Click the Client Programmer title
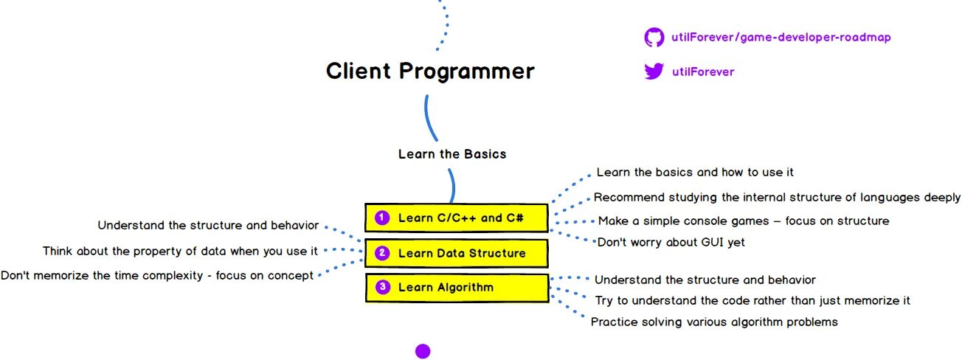tap(430, 72)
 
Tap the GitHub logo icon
tap(654, 37)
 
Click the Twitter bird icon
tap(654, 72)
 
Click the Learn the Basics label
tap(452, 154)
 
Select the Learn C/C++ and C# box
tap(457, 218)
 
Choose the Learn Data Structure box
tap(457, 253)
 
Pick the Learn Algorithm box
tap(457, 287)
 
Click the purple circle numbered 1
tap(382, 218)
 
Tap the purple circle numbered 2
tap(382, 253)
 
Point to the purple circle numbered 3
tap(382, 287)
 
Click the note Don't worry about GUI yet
tap(671, 242)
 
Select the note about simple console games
tap(743, 221)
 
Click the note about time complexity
tap(157, 275)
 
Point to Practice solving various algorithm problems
tap(714, 322)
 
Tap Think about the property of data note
tap(180, 251)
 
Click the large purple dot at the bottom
tap(423, 350)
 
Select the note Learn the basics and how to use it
tap(694, 172)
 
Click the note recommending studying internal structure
tap(777, 197)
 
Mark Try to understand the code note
tap(752, 300)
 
